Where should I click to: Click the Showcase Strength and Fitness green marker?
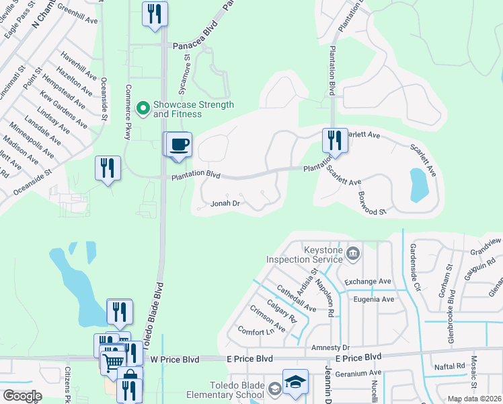143,107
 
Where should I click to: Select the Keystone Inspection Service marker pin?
354,254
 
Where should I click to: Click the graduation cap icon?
295,381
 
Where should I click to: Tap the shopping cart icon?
112,363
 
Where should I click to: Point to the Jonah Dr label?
225,203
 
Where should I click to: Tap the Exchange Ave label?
367,281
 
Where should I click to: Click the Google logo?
22,395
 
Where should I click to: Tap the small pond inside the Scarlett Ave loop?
418,184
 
